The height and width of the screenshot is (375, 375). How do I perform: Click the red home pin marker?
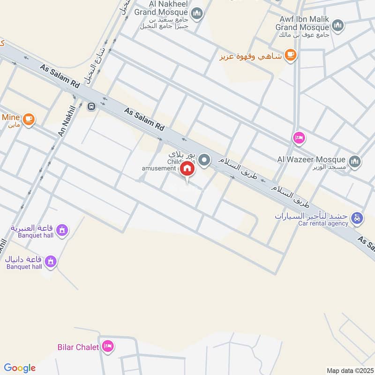click(x=187, y=169)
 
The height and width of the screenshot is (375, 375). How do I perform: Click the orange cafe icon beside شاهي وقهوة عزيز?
click(x=291, y=56)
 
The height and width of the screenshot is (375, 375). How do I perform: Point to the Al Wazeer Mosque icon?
click(x=355, y=161)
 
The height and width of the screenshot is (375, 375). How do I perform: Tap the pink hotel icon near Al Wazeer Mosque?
click(x=298, y=138)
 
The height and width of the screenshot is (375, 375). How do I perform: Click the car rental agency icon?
click(x=357, y=217)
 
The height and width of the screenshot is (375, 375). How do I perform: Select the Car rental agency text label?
click(x=323, y=224)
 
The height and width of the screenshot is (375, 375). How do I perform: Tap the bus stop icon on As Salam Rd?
click(x=91, y=105)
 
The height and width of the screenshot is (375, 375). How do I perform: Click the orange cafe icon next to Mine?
click(x=29, y=119)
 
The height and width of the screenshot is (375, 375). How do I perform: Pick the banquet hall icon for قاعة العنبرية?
click(x=61, y=230)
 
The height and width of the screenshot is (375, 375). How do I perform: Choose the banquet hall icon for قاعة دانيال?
click(x=51, y=260)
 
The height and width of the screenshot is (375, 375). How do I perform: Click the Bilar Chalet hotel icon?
click(x=108, y=346)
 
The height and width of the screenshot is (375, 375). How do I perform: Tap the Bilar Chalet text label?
click(x=78, y=347)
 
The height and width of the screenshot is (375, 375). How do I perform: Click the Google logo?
click(x=20, y=368)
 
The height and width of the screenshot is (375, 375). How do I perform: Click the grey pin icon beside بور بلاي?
click(x=204, y=160)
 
